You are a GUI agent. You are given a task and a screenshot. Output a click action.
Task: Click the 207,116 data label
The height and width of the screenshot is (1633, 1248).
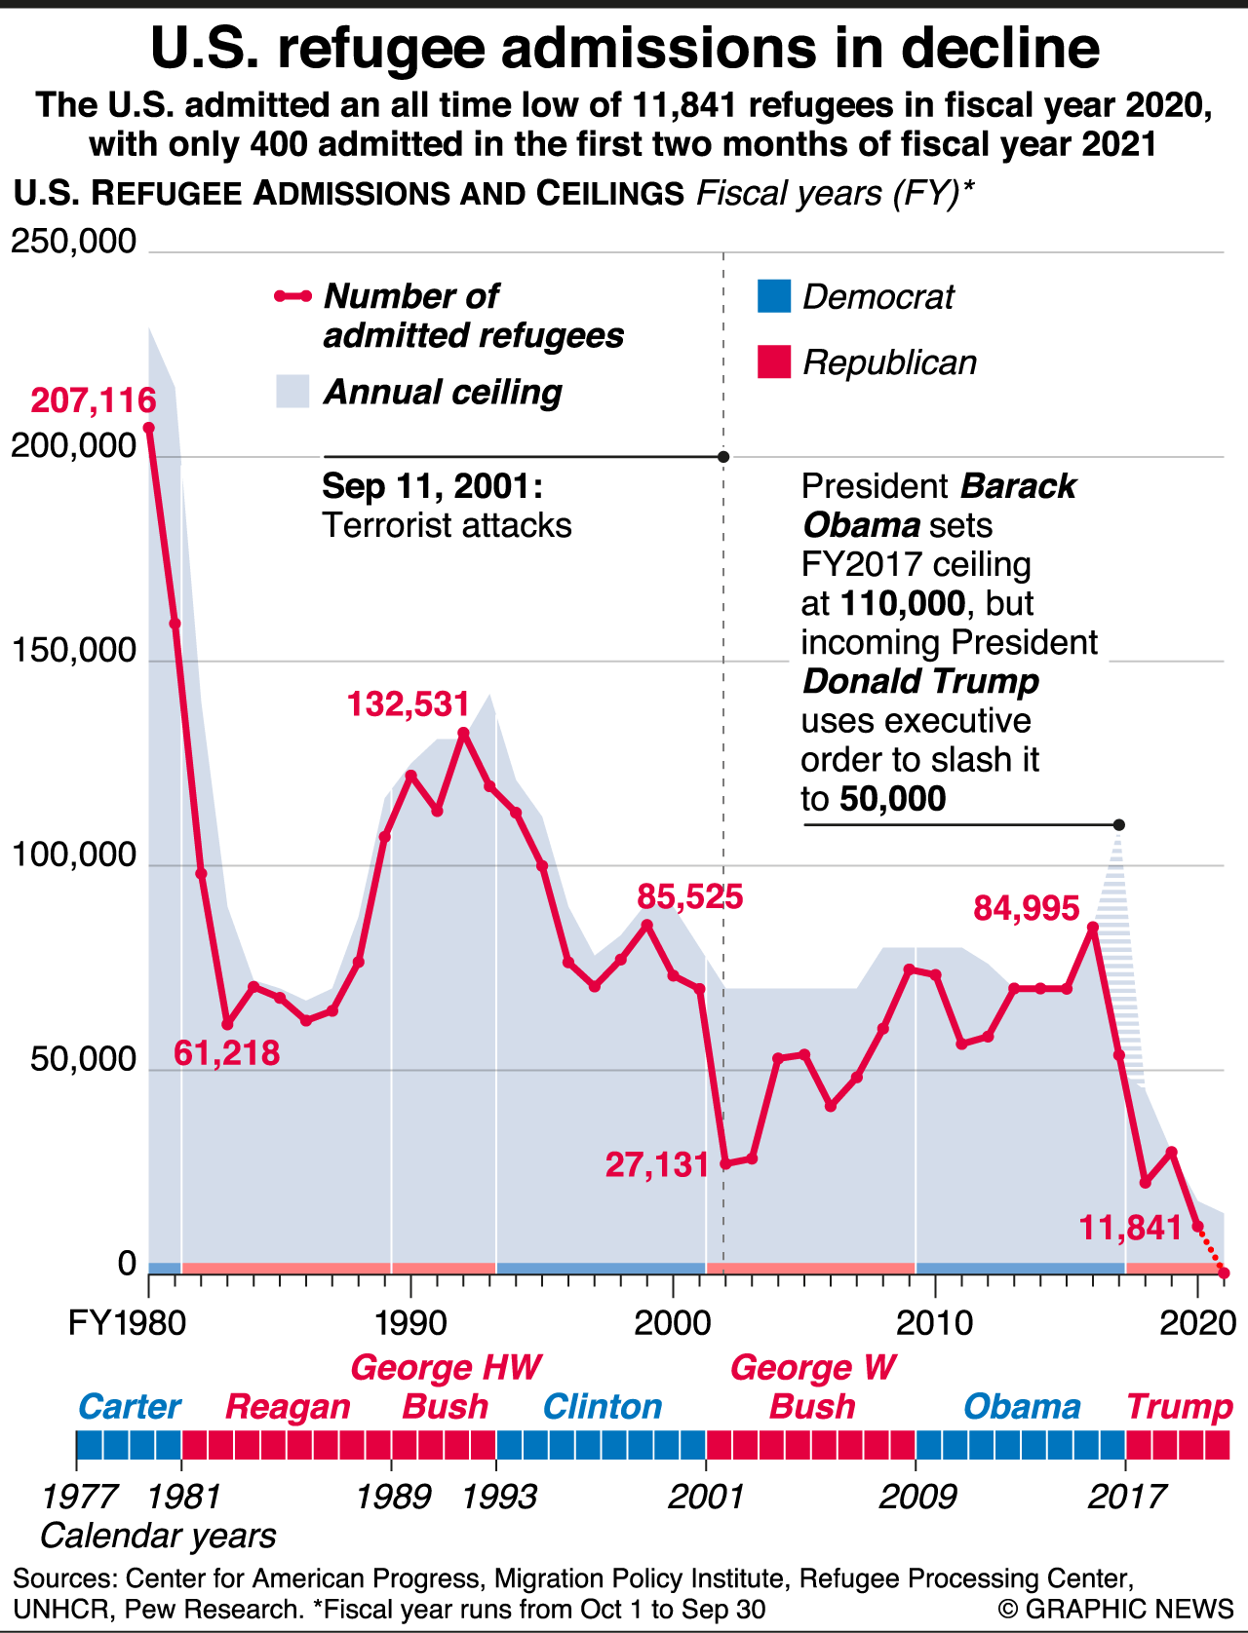pyautogui.click(x=94, y=400)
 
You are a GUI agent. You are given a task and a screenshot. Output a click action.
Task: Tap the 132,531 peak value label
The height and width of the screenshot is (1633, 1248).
pyautogui.click(x=409, y=703)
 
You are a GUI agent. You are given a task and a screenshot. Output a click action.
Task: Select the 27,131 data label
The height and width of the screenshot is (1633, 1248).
pyautogui.click(x=657, y=1164)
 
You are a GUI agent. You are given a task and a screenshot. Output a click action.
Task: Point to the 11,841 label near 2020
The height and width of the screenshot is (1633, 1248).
pyautogui.click(x=1131, y=1228)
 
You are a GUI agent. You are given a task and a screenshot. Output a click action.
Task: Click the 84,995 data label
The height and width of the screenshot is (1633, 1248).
pyautogui.click(x=1027, y=908)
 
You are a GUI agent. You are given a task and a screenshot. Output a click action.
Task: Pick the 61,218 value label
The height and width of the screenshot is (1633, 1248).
pyautogui.click(x=227, y=1053)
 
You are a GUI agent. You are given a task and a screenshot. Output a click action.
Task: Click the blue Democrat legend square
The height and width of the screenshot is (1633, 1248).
pyautogui.click(x=774, y=296)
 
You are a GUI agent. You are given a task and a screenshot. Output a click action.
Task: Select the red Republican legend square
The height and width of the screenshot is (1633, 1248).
pyautogui.click(x=774, y=362)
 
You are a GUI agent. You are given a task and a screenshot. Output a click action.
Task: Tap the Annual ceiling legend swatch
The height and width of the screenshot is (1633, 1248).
pyautogui.click(x=292, y=392)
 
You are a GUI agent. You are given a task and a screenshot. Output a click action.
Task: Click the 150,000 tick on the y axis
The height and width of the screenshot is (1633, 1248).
pyautogui.click(x=74, y=651)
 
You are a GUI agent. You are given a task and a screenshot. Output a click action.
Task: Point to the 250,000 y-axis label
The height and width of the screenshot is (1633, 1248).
pyautogui.click(x=74, y=242)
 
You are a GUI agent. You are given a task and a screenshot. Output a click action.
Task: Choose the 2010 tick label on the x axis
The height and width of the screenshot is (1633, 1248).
pyautogui.click(x=934, y=1323)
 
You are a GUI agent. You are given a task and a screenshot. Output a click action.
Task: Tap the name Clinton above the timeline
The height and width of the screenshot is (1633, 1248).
pyautogui.click(x=602, y=1406)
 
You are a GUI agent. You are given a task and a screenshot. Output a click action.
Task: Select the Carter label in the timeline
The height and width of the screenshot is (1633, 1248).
pyautogui.click(x=129, y=1406)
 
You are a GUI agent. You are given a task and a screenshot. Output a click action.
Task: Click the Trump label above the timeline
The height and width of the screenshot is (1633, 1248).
pyautogui.click(x=1180, y=1406)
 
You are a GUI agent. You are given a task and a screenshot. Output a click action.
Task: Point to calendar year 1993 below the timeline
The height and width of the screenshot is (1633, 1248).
pyautogui.click(x=499, y=1496)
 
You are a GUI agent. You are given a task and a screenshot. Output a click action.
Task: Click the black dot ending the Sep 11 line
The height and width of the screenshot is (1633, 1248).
pyautogui.click(x=723, y=456)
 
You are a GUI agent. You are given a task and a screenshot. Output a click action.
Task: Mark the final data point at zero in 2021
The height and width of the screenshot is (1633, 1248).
pyautogui.click(x=1224, y=1272)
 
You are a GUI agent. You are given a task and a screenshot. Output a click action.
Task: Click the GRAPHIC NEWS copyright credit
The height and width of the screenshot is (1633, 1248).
pyautogui.click(x=1116, y=1608)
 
